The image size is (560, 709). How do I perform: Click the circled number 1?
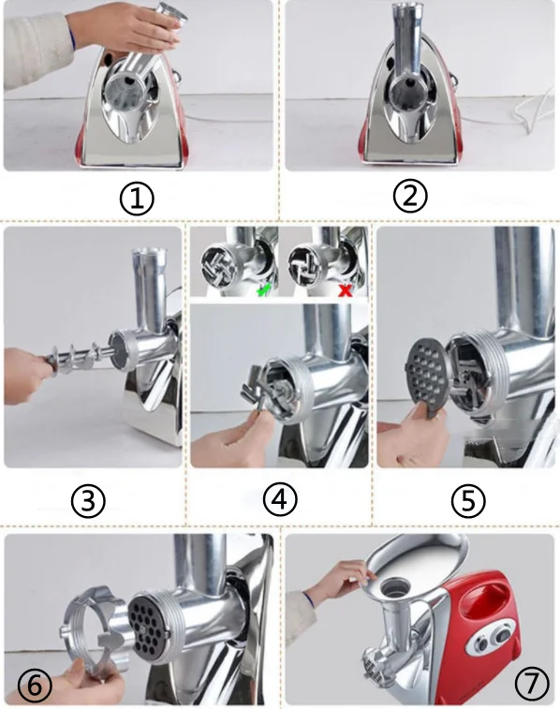137,199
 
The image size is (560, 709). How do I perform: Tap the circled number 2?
410,196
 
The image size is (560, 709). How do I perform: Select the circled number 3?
88,501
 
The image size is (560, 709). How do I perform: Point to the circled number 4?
280,500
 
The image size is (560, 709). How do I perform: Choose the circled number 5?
468,501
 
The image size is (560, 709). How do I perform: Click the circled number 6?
35,686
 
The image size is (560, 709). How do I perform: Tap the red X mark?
346,290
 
